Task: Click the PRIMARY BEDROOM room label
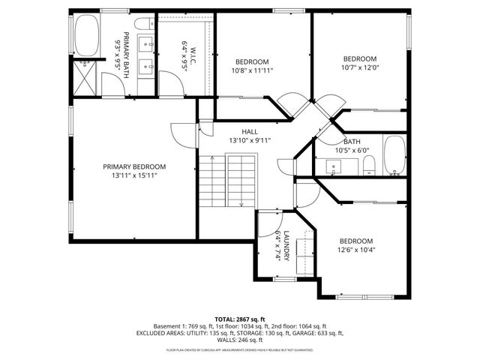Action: [x=134, y=166]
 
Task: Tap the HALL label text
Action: [x=250, y=132]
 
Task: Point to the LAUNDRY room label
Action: [x=286, y=244]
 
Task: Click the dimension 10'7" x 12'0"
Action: [x=359, y=68]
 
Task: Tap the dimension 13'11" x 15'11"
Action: [x=134, y=175]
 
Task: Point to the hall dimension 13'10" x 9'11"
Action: [x=250, y=140]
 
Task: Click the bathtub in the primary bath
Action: [x=86, y=37]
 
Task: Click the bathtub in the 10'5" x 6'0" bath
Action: [x=394, y=155]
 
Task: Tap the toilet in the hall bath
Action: [x=369, y=166]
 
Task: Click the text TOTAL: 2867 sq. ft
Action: [x=239, y=319]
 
